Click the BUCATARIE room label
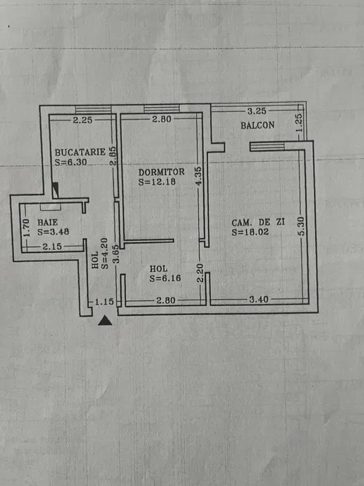coord(80,151)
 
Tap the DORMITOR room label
coord(161,172)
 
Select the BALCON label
coord(257,126)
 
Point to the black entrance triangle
coord(105,320)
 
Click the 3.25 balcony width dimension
coord(257,110)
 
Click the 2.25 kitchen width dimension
coord(83,120)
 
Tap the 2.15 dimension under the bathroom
coord(52,246)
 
